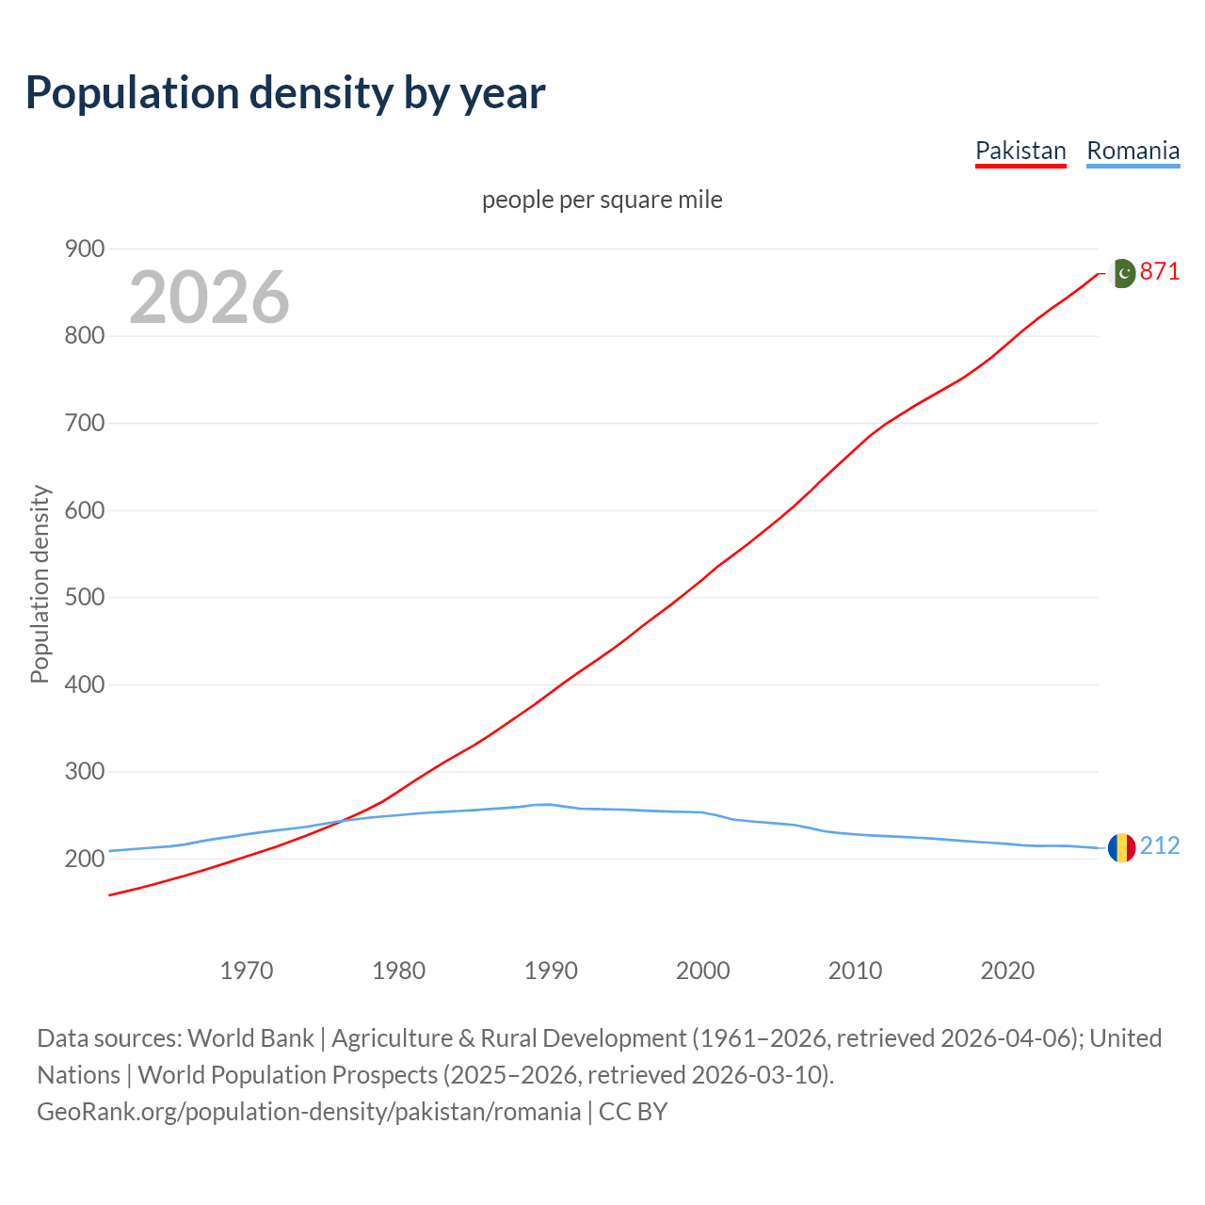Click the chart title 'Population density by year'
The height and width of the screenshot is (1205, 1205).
point(285,92)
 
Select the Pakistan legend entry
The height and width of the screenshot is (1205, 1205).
point(1020,151)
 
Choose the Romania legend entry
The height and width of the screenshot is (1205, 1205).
point(1133,151)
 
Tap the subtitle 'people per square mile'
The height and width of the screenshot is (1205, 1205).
point(602,200)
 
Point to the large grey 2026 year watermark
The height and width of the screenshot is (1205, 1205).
point(209,297)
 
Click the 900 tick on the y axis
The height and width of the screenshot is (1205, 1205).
point(85,249)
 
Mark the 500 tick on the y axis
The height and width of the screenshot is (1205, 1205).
point(85,598)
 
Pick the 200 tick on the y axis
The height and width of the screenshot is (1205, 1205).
point(85,859)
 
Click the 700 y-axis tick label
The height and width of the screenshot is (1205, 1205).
point(85,423)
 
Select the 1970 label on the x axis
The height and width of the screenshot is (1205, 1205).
point(247,971)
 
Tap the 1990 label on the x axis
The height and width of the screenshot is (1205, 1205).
point(551,971)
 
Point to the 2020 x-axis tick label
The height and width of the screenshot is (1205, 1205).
point(1007,971)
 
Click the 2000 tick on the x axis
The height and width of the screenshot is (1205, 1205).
point(703,971)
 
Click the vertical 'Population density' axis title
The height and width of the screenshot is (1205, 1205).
point(40,584)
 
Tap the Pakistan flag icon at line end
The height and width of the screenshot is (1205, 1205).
point(1121,273)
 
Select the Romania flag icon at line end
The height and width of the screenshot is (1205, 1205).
point(1121,847)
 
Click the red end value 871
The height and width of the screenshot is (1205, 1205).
point(1160,272)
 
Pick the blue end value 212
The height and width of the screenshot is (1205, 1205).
point(1160,846)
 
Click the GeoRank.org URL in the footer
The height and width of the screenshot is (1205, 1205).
point(309,1112)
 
